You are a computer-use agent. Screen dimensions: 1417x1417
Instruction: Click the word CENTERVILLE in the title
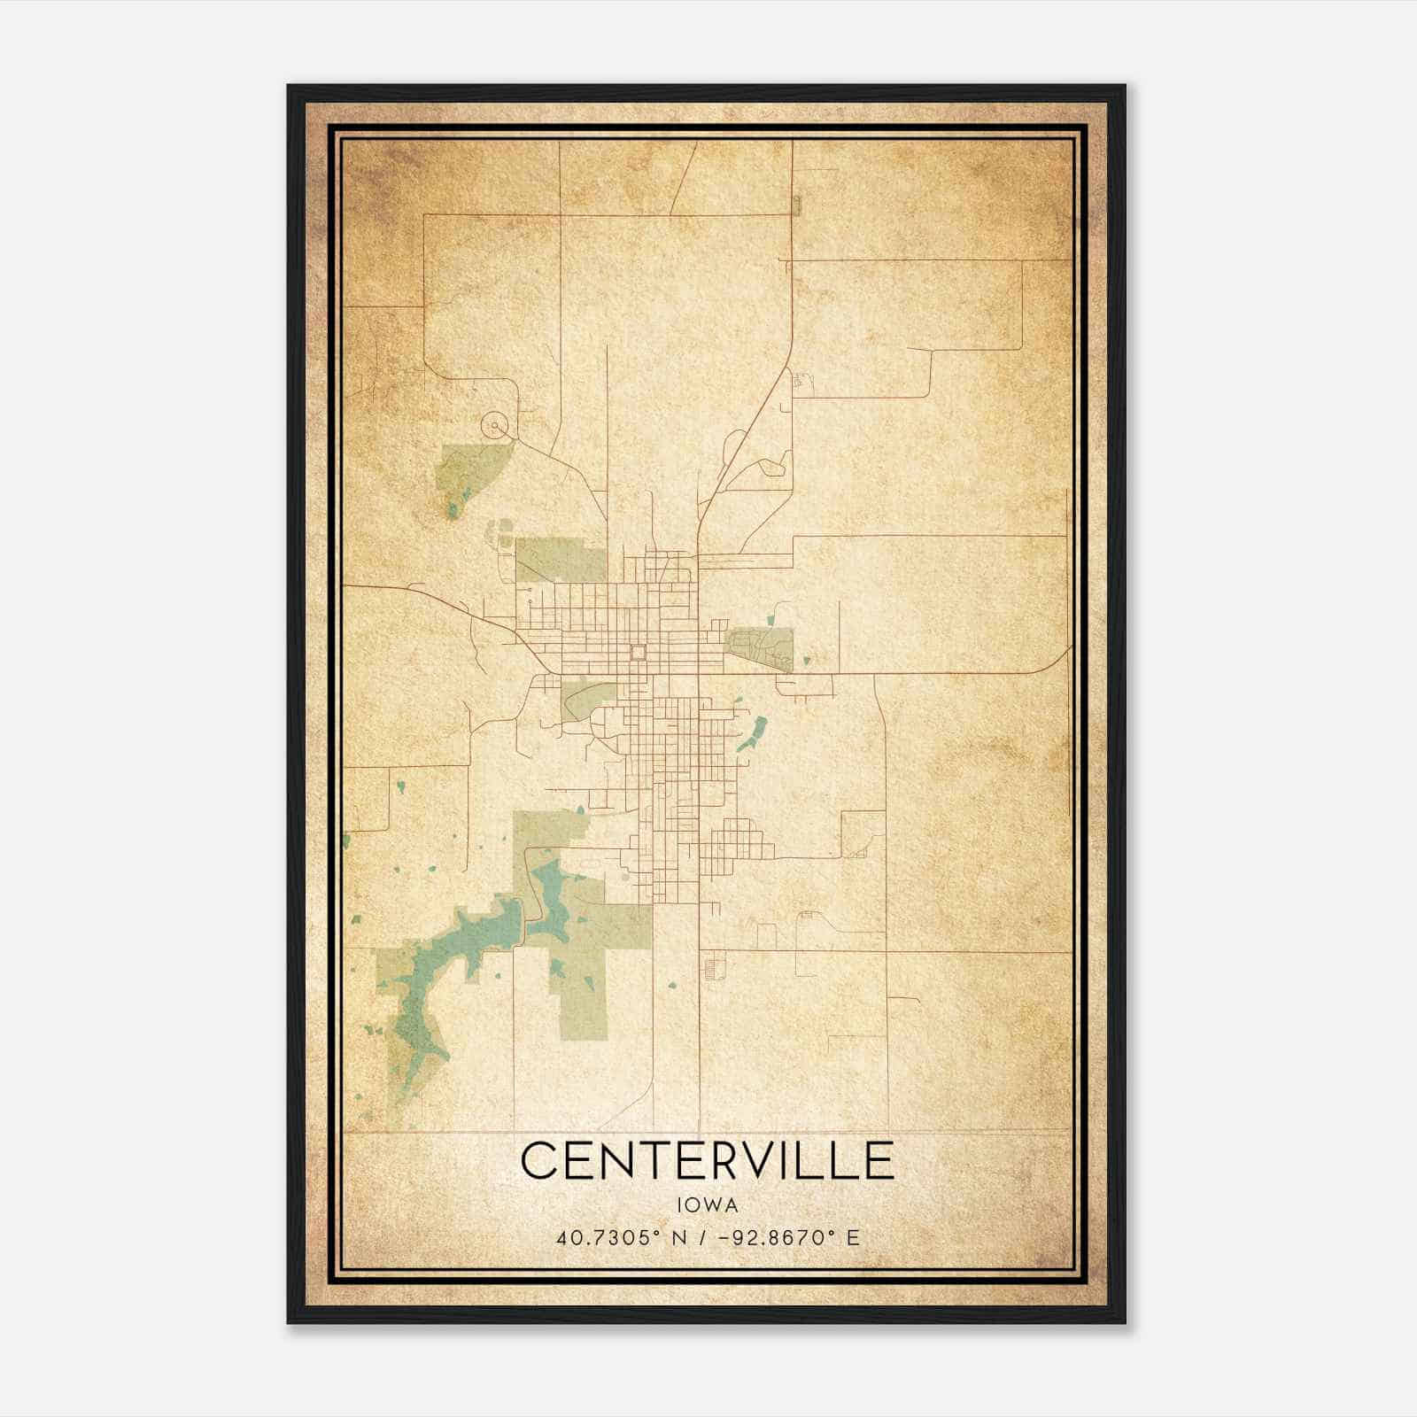(707, 1160)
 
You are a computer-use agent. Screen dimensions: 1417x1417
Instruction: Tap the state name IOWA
(707, 1205)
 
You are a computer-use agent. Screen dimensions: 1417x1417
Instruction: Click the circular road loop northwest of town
(495, 427)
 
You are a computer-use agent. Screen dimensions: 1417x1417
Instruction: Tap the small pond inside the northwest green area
(453, 510)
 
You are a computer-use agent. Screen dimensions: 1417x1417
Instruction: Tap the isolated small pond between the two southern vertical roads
(673, 983)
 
